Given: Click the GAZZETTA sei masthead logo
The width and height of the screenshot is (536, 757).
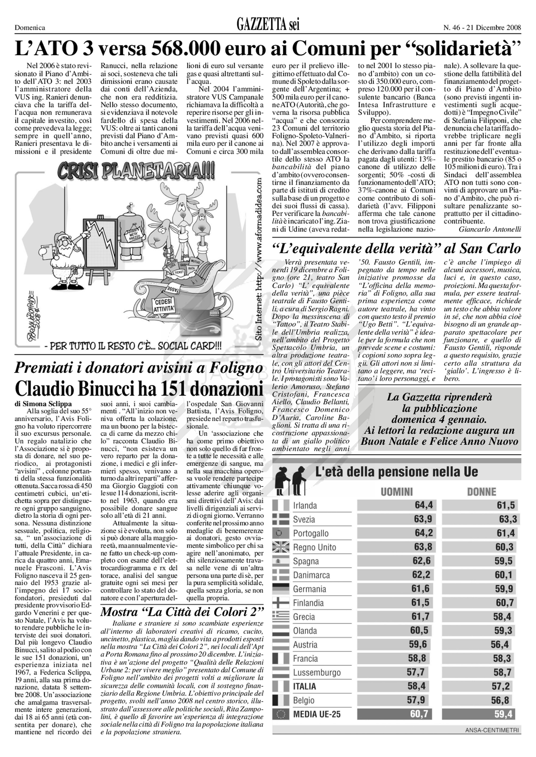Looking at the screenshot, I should pos(268,25).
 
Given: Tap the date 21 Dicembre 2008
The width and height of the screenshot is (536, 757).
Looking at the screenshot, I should pos(494,28).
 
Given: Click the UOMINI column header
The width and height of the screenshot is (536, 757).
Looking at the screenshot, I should pos(397,492).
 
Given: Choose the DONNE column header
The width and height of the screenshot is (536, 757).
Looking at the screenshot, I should pos(482,492).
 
